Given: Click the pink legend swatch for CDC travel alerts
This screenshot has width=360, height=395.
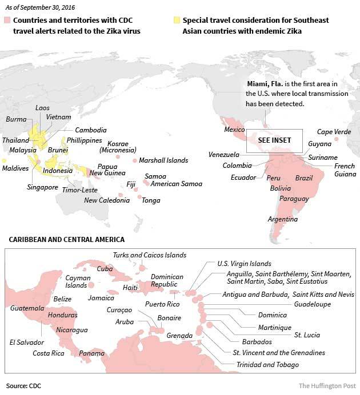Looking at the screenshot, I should tap(7, 21).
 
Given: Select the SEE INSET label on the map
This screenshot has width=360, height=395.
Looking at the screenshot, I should tap(274, 140).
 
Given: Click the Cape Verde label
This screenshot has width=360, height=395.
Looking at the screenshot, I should tap(334, 132).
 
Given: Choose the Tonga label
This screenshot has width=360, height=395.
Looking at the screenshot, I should tap(151, 200).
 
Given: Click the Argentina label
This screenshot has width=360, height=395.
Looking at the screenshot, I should tap(283, 219).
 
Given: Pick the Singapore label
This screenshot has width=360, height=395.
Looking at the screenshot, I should tap(42, 187).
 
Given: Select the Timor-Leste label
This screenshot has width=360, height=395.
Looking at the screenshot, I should tap(80, 190).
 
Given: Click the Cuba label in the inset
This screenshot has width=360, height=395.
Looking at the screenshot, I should tap(105, 268).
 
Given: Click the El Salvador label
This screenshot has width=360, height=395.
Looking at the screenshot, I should tap(27, 342).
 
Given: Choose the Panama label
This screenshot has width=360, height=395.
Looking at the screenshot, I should tap(91, 353).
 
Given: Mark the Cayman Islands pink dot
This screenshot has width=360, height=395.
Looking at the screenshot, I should tap(91, 284).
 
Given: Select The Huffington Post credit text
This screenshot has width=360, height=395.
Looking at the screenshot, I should tap(326, 386).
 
